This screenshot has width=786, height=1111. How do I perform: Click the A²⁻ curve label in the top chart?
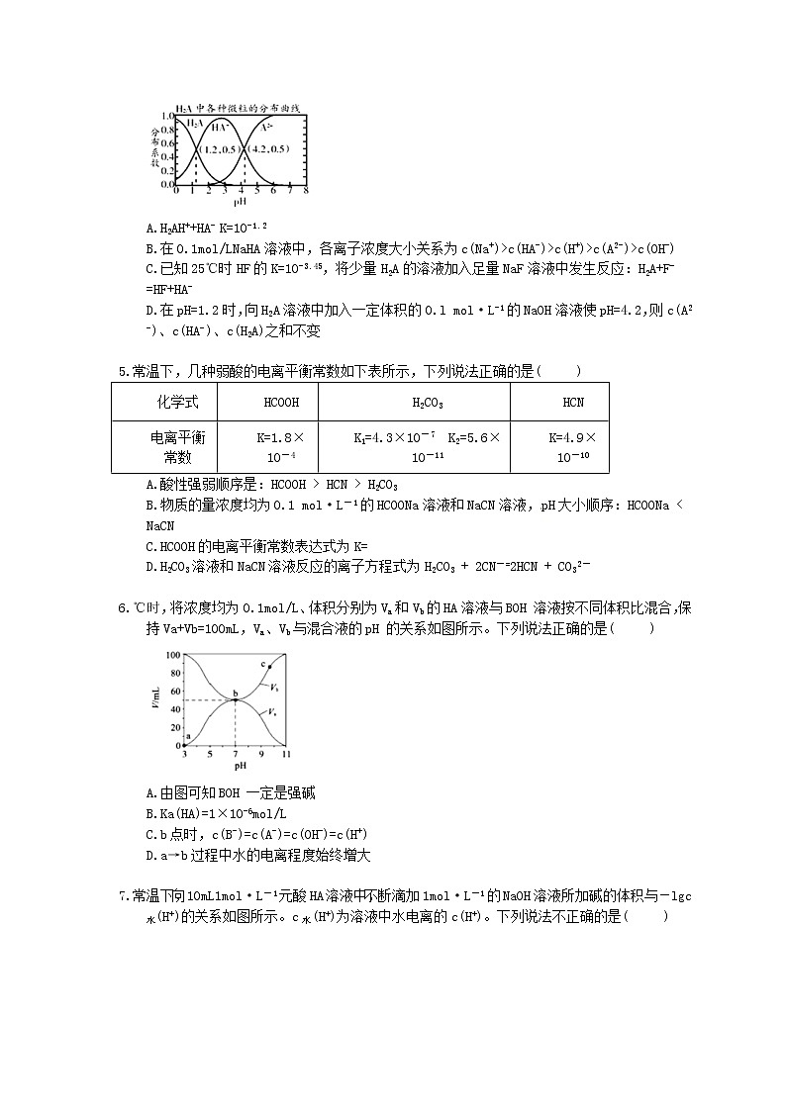(x=267, y=127)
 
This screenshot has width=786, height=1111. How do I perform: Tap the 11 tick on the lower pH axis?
(x=286, y=755)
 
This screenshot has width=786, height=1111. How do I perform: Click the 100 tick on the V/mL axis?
(x=173, y=655)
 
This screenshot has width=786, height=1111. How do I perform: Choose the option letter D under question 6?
(x=149, y=856)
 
